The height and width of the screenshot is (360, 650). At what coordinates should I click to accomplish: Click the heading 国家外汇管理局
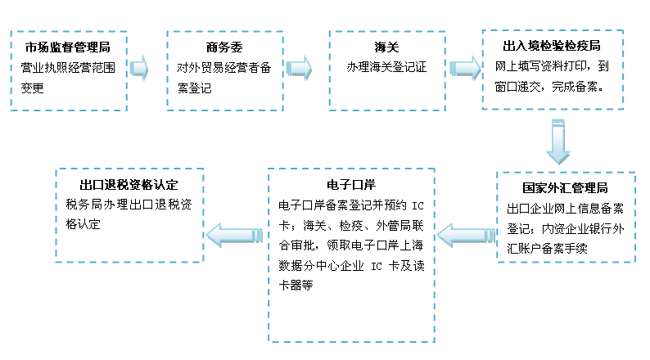(566, 187)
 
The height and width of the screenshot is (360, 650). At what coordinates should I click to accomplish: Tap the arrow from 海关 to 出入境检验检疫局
(463, 68)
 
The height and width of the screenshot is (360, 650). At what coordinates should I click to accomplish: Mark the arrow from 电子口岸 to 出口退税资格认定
(232, 236)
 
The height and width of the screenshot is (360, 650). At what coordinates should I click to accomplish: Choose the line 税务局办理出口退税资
(128, 204)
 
